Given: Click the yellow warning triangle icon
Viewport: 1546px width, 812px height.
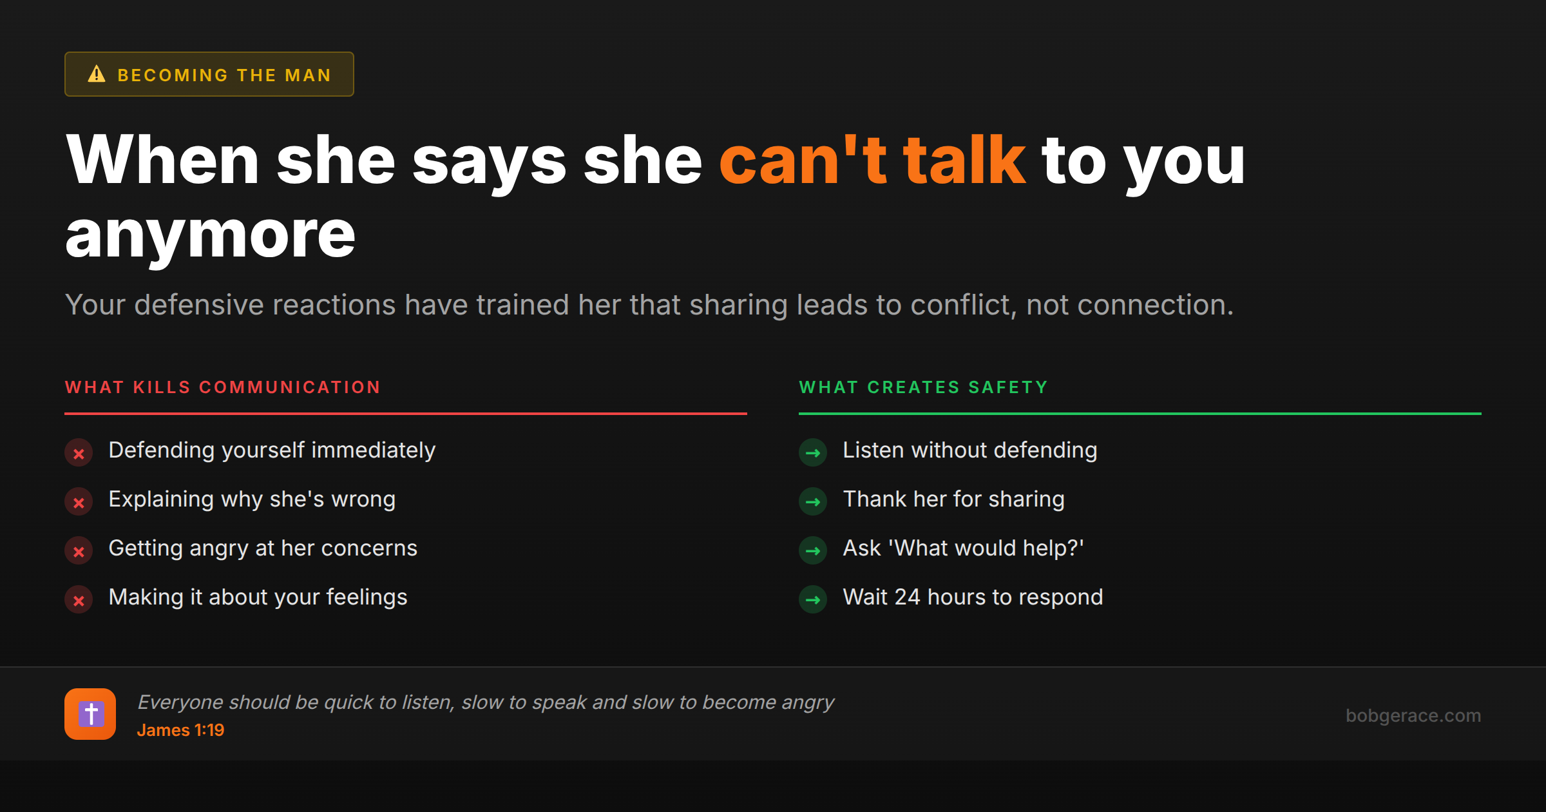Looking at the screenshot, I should click(97, 74).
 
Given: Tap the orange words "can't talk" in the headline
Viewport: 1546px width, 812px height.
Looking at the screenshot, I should click(872, 161).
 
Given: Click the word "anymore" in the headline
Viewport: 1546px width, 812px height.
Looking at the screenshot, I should click(210, 235).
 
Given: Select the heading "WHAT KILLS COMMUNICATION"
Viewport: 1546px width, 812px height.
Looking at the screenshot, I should click(223, 387).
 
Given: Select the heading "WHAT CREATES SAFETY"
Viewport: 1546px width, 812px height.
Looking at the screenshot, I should click(923, 387).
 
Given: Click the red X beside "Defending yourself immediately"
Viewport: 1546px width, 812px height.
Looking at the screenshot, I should click(79, 454).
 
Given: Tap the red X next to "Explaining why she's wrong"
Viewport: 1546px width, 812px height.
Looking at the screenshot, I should click(79, 503).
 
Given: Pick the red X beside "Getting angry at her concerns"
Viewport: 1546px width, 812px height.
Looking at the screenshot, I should click(79, 552).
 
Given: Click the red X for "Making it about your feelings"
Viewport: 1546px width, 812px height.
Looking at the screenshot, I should click(79, 601).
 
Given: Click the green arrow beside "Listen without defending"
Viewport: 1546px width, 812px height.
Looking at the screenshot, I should click(813, 453).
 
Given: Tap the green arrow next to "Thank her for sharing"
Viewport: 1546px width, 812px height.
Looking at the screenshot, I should click(813, 502).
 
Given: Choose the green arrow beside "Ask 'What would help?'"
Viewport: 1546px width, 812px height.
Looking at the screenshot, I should click(813, 551).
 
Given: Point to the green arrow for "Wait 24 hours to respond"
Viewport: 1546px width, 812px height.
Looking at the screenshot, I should click(813, 600).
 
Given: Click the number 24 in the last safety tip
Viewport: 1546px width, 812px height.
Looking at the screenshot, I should click(907, 597).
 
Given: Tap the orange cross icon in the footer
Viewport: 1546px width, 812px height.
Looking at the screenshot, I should click(90, 714).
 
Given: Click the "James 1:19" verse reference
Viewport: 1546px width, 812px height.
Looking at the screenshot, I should click(180, 730).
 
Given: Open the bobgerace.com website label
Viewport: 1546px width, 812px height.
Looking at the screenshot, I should click(1413, 715).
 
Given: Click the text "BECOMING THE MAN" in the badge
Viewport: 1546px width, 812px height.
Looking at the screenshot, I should click(224, 75).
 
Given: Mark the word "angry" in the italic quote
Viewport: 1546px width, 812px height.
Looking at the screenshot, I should click(808, 702).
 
